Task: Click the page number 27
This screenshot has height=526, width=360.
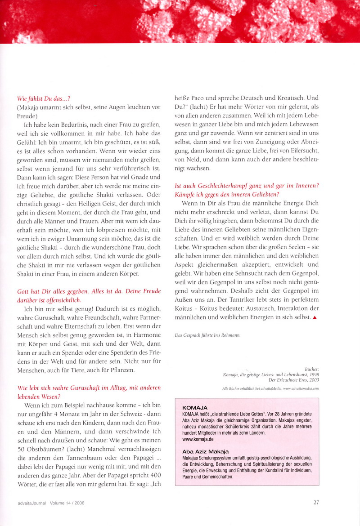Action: coord(316,503)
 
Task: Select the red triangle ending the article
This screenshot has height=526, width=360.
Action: coord(315,317)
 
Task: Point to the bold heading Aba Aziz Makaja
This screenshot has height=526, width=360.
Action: coord(205,451)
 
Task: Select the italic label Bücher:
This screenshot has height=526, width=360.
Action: coord(311,367)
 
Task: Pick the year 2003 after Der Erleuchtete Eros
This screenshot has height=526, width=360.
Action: coord(313,380)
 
